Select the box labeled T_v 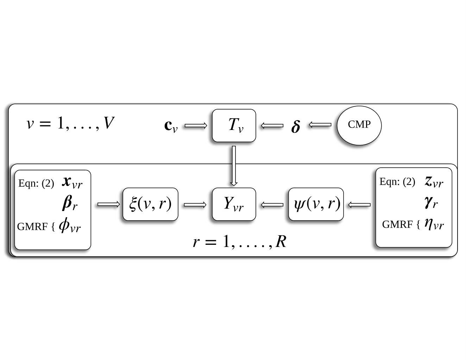[x=234, y=125]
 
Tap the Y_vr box [x=234, y=204]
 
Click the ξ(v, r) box [x=150, y=204]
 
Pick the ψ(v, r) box [x=316, y=204]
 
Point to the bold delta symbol [x=296, y=126]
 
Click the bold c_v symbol [x=171, y=126]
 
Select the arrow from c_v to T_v [x=196, y=125]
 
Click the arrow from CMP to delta [x=320, y=125]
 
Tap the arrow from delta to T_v [x=272, y=125]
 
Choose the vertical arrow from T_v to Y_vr [x=234, y=166]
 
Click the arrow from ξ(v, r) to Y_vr [x=195, y=205]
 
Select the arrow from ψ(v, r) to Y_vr [x=272, y=205]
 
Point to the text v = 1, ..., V [x=70, y=123]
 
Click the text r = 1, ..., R [x=240, y=242]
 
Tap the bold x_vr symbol [x=72, y=183]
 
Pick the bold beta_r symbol [x=69, y=203]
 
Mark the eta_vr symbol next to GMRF [x=434, y=225]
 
